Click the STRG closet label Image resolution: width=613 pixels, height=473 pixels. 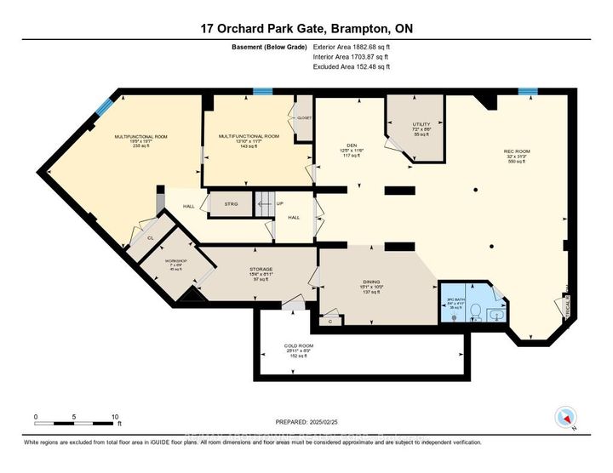coord(231,205)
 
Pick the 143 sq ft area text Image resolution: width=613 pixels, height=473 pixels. coord(249,146)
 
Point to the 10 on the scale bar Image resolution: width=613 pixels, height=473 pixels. coord(115,417)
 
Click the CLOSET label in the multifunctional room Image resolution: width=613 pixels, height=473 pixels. coord(303,117)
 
